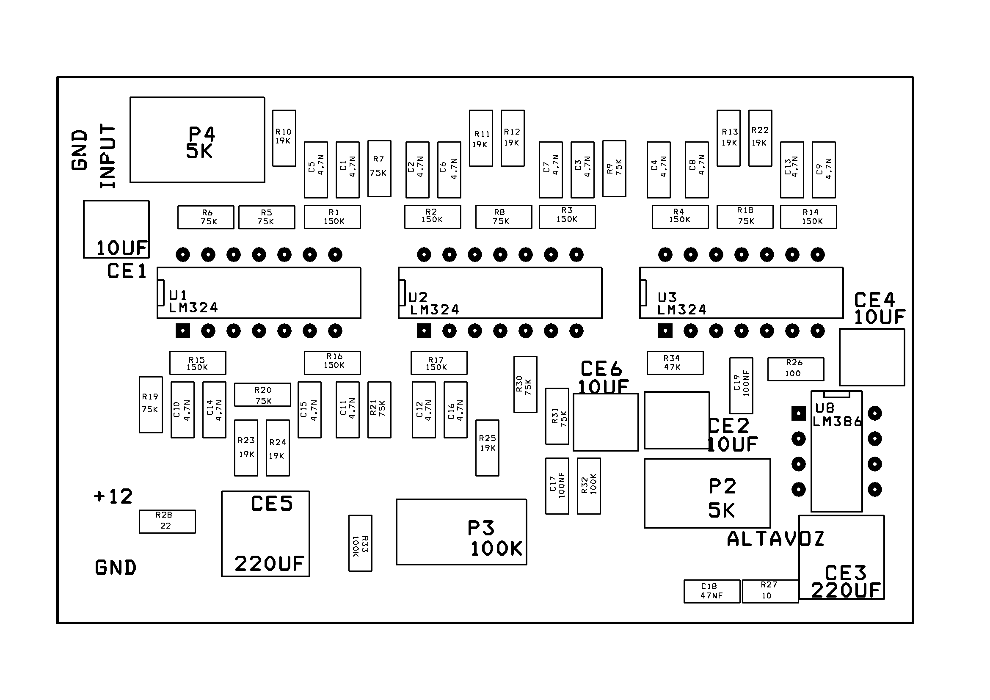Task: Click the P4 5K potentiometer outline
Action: point(197,140)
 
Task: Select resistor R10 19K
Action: point(284,138)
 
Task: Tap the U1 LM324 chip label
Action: point(193,302)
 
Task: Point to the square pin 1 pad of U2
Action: point(424,331)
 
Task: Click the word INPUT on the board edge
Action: point(108,156)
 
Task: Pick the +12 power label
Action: point(113,496)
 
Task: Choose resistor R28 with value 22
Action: point(167,521)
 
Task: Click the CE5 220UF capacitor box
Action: point(265,534)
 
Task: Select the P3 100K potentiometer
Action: point(461,532)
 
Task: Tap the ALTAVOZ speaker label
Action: point(775,539)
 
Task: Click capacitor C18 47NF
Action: point(711,591)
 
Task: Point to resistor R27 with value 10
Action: point(769,591)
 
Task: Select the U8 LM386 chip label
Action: point(836,415)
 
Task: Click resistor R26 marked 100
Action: point(796,369)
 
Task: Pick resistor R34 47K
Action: point(675,363)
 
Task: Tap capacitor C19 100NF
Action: point(741,386)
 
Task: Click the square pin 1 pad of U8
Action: point(799,414)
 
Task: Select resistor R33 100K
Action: point(360,543)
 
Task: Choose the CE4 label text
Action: point(874,300)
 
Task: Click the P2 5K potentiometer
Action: point(707,493)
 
